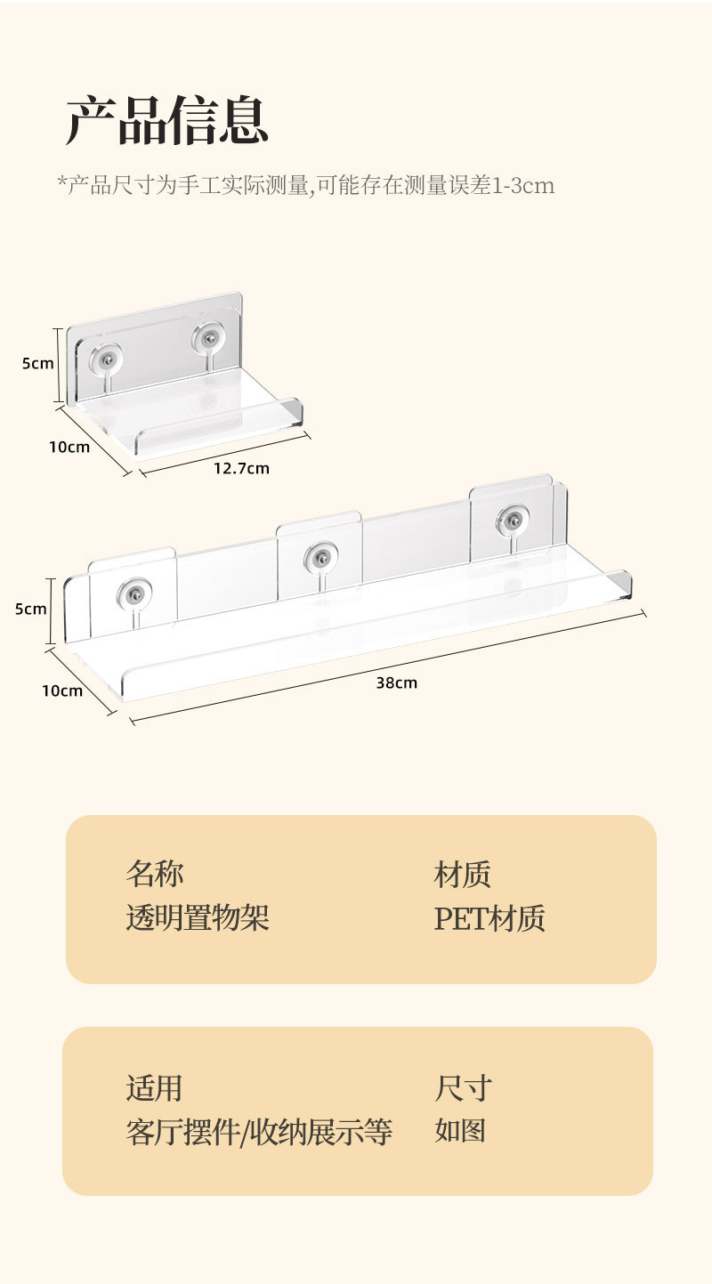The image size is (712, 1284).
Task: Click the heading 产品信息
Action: tap(166, 122)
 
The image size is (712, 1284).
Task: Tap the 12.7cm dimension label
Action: tap(241, 468)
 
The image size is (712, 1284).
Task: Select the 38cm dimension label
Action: tap(396, 683)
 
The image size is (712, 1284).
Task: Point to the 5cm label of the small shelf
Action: tap(37, 363)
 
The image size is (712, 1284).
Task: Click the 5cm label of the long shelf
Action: tap(31, 610)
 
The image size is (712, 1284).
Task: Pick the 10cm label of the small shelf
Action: tap(69, 447)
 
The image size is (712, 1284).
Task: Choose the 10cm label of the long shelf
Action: tap(62, 690)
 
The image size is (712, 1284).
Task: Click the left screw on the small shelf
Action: tap(108, 358)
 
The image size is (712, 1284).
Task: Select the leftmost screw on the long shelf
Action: tap(134, 594)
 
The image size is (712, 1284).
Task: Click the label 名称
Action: tap(154, 874)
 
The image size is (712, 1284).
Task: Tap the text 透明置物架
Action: tap(197, 918)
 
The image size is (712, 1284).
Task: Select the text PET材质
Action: tap(489, 918)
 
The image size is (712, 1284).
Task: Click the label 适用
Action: tap(154, 1087)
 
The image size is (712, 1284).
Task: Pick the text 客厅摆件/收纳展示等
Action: tap(258, 1132)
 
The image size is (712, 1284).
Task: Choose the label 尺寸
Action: tap(463, 1087)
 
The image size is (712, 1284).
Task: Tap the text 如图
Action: tap(460, 1132)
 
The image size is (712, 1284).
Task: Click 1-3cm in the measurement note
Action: tap(523, 186)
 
